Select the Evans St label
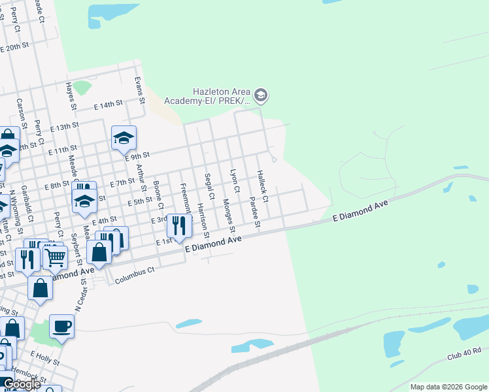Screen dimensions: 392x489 coord(138,90)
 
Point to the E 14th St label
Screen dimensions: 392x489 coord(108,105)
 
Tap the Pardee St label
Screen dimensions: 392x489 coord(255,214)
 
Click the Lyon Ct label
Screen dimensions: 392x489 coord(234,181)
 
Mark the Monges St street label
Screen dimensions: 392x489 coord(228,214)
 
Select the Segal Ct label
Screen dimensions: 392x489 coord(209,186)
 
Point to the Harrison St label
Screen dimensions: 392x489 coord(203,221)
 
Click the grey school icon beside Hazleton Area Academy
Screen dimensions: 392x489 coord(261,96)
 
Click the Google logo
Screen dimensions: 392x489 coord(22,385)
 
